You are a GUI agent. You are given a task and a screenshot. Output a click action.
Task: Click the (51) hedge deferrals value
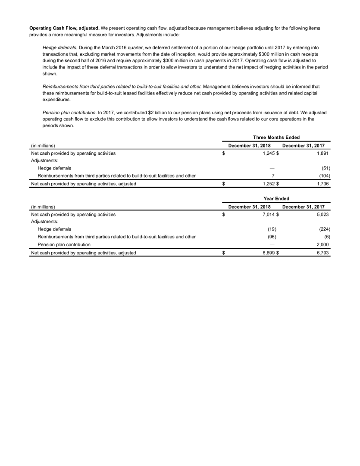coord(326,168)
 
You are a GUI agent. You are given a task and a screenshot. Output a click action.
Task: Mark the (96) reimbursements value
coord(272,238)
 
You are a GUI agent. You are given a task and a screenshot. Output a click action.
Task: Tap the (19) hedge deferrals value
coord(272,230)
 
